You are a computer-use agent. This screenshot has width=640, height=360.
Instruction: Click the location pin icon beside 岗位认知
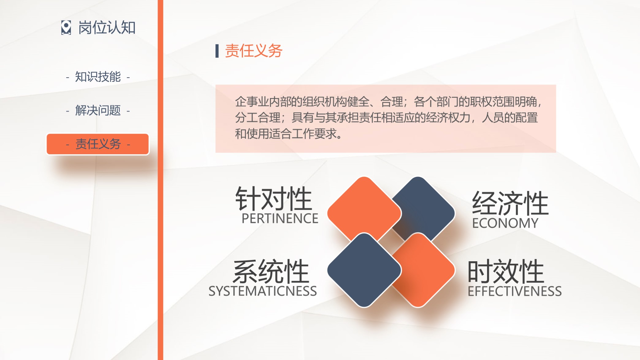click(66, 28)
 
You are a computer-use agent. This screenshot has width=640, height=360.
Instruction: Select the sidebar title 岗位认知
click(107, 28)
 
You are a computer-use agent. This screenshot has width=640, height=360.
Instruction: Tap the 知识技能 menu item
click(98, 77)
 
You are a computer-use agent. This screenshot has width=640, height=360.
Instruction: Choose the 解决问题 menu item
click(98, 110)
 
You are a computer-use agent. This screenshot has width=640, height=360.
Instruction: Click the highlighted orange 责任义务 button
click(98, 144)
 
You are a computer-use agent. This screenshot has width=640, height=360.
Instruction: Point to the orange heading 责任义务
click(253, 51)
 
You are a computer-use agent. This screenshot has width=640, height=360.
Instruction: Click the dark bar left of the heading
click(217, 51)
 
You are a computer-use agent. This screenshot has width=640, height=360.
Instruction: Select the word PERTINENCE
click(280, 219)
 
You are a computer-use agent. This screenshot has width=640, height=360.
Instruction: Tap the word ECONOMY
click(505, 223)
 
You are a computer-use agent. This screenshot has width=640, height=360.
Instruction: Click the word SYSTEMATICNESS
click(263, 291)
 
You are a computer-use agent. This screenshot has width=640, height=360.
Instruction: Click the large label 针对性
click(273, 199)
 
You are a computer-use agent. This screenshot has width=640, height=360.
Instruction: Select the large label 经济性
click(510, 203)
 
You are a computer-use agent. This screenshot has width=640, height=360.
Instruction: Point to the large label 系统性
click(271, 271)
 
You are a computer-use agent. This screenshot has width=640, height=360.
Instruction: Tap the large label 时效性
click(506, 271)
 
